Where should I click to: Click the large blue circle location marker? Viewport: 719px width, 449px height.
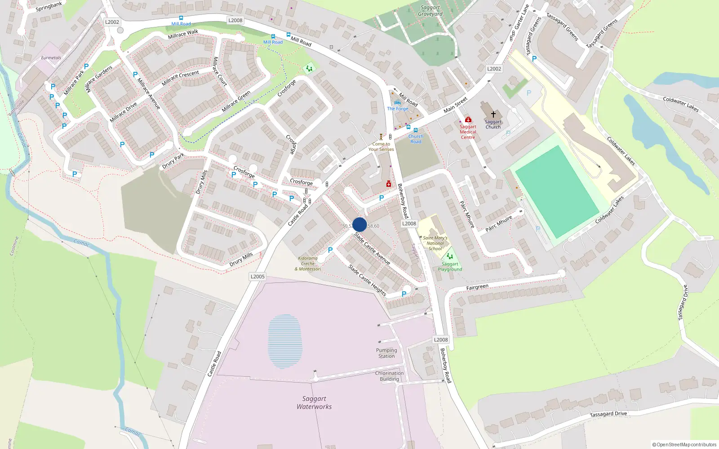click(359, 224)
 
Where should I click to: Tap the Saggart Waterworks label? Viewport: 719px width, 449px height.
click(314, 403)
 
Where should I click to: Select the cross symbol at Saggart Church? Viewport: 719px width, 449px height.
click(493, 114)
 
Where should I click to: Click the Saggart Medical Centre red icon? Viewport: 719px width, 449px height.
click(468, 119)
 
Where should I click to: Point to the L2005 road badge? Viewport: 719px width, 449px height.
click(257, 277)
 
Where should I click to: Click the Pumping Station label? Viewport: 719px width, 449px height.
click(386, 353)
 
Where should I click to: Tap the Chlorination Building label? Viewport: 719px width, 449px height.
click(389, 376)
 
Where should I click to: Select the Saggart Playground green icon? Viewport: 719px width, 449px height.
click(449, 256)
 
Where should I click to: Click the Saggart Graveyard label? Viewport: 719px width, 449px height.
click(430, 11)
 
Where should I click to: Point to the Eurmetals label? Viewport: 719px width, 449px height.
click(51, 58)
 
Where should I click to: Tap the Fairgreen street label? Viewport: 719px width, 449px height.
click(477, 287)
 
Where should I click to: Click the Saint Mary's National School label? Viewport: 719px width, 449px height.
click(435, 243)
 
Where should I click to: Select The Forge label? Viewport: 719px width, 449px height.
click(398, 109)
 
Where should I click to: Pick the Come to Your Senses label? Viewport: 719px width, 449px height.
click(381, 147)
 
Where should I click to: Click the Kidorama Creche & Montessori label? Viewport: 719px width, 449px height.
click(308, 264)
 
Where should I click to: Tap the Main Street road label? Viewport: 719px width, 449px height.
click(455, 105)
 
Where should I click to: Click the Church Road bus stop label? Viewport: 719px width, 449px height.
click(416, 139)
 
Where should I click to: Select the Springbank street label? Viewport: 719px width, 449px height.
click(49, 7)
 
